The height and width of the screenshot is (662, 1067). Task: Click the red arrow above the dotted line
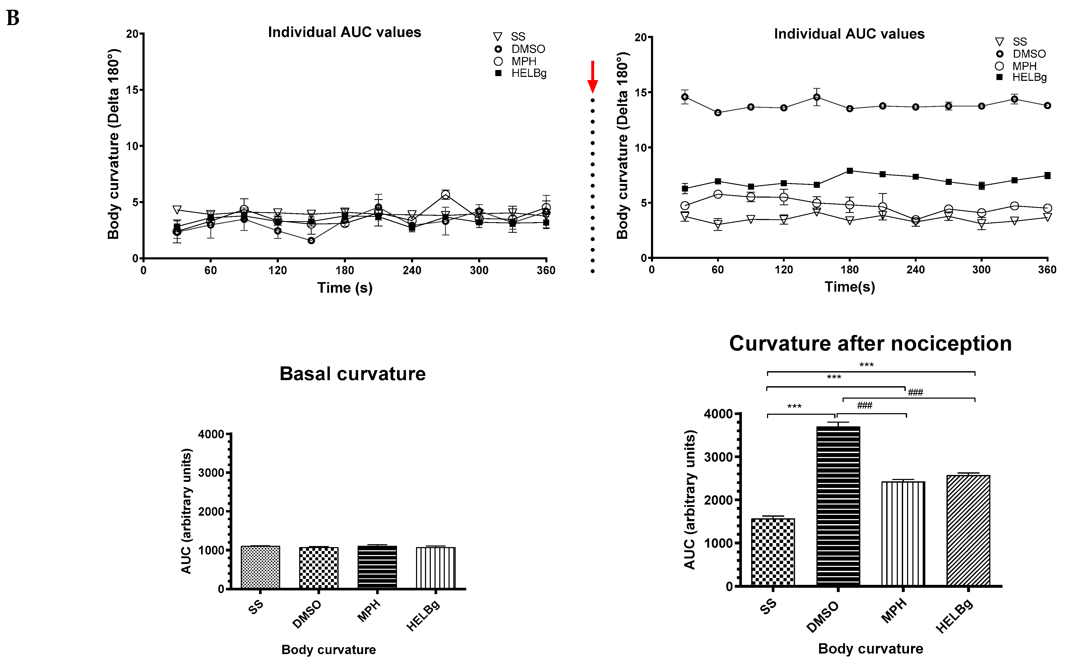[x=592, y=77]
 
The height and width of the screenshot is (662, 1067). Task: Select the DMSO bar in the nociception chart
[x=838, y=506]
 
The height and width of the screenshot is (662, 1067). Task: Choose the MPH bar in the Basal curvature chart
[x=377, y=567]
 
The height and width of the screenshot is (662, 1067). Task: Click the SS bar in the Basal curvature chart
[x=260, y=567]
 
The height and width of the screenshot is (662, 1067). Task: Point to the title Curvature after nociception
[x=870, y=344]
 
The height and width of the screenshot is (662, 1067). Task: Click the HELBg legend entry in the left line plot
[x=521, y=73]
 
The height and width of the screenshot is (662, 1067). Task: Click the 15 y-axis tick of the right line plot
[x=641, y=92]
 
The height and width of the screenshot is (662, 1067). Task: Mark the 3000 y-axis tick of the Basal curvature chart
[x=211, y=473]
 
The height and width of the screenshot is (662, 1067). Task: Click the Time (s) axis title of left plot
[x=345, y=288]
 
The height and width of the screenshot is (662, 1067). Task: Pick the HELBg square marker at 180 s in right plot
[x=850, y=171]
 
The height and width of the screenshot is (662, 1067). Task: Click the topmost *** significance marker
[x=866, y=365]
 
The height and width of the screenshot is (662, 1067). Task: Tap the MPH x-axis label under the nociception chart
[x=894, y=611]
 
